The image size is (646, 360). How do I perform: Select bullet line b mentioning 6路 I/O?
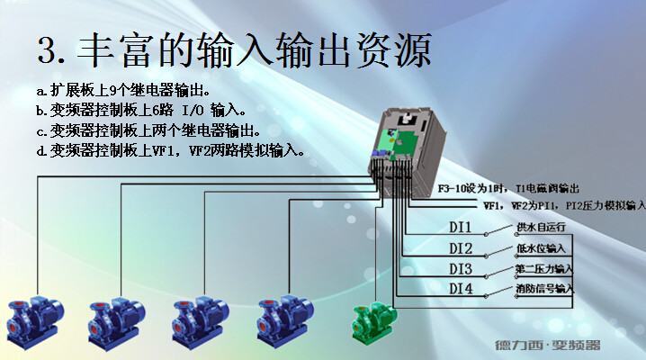[140, 111]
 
